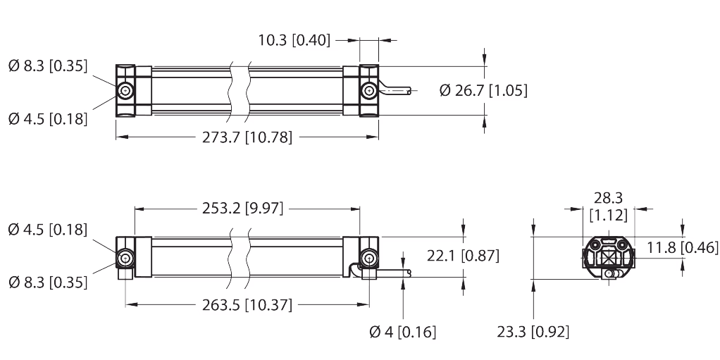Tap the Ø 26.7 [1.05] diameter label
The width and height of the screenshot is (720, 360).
(483, 90)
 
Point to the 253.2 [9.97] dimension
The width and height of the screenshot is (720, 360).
(243, 209)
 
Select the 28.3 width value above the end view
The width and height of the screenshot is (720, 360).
(608, 199)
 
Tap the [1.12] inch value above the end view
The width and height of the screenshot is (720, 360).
(608, 216)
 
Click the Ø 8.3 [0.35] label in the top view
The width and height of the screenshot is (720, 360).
(48, 67)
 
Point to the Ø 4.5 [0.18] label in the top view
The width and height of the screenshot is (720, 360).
(48, 118)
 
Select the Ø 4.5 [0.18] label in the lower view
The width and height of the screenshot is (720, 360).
(48, 230)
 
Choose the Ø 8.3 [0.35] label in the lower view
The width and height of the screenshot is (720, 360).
(48, 283)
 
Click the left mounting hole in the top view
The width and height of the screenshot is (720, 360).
(125, 92)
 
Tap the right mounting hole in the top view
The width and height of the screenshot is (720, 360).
(368, 92)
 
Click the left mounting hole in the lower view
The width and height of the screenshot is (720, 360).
(125, 258)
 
